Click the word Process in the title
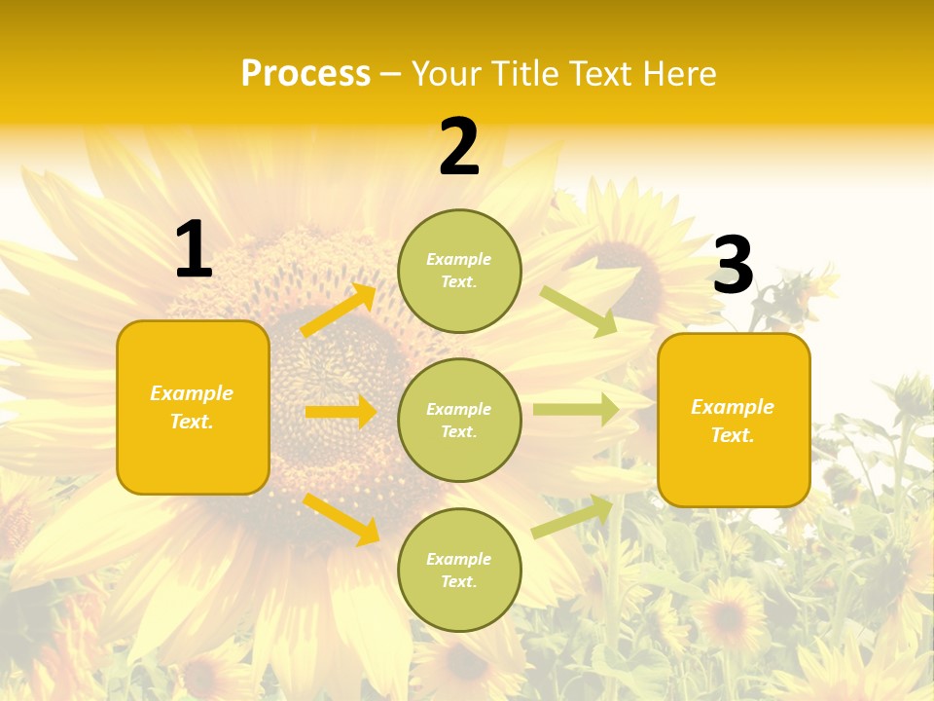pos(305,74)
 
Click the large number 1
pos(194,250)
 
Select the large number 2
pos(459,148)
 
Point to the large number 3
pos(733,266)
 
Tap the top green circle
pos(459,271)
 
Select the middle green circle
pos(459,420)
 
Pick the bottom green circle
pos(459,570)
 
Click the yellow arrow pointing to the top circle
pos(339,311)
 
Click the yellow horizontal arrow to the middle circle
pos(341,412)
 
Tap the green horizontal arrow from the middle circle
pos(575,409)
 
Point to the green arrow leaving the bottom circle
pos(573,516)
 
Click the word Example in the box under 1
pos(192,393)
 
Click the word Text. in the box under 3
pos(733,435)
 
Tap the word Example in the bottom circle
pos(459,559)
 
